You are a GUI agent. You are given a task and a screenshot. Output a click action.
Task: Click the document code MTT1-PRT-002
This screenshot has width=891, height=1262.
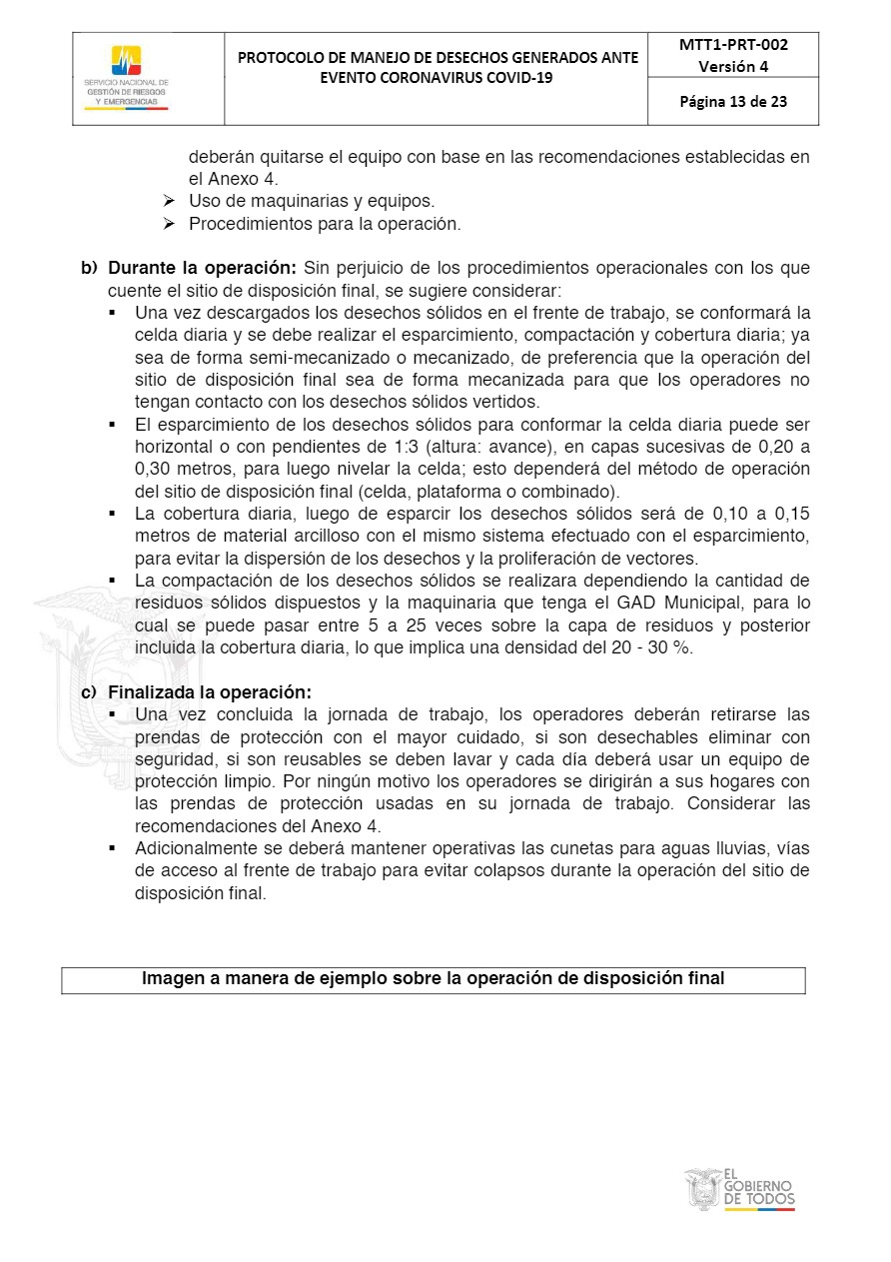point(733,45)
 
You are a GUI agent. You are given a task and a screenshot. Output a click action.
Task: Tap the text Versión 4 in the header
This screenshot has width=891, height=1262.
point(733,67)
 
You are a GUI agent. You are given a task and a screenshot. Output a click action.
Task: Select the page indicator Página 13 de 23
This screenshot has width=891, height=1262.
point(733,101)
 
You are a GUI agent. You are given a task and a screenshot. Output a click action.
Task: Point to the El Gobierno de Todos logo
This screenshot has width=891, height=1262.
point(740,1190)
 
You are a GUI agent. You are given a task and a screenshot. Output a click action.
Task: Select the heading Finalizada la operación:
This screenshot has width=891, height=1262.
point(210,692)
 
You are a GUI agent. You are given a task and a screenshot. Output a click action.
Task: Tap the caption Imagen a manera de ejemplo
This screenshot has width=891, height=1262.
point(433,979)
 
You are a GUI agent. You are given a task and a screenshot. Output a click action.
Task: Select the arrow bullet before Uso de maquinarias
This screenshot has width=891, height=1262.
point(169,202)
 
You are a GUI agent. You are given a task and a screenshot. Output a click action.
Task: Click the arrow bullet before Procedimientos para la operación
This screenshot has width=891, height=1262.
point(169,225)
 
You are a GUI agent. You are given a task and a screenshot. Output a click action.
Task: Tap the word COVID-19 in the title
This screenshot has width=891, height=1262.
point(509,78)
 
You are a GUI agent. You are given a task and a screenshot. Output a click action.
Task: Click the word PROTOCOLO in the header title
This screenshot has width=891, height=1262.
point(286,57)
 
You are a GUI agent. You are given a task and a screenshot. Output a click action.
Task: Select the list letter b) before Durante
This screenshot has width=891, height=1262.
point(90,269)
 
